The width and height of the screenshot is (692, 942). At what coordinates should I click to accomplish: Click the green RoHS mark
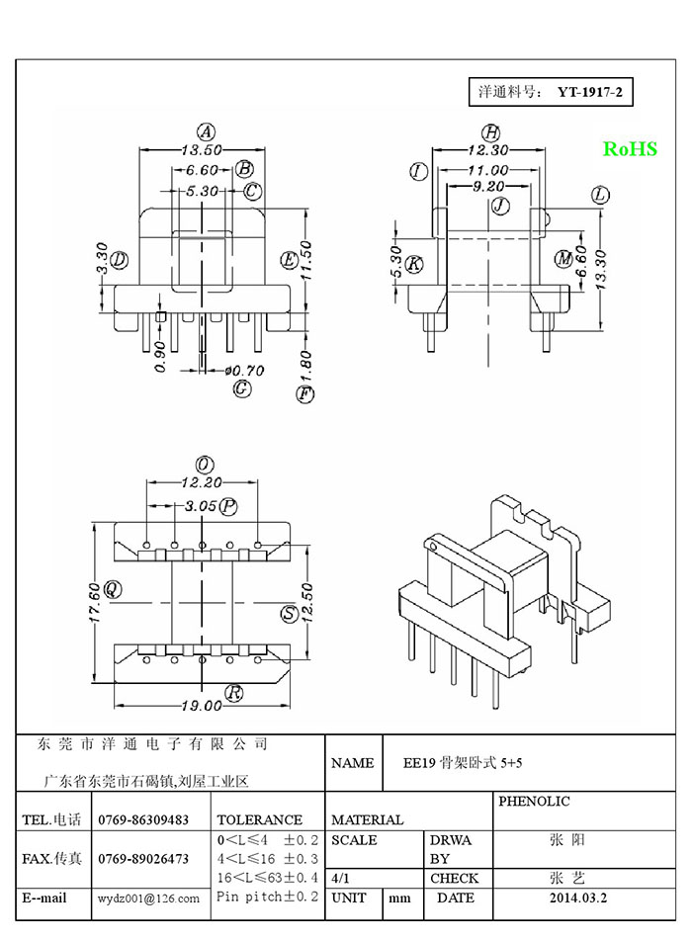tap(630, 148)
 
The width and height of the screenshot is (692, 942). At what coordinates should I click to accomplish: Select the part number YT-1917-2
tap(590, 92)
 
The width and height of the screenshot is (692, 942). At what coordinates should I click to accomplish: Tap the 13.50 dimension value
tap(202, 149)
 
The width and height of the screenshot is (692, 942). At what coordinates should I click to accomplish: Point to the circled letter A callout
tap(206, 131)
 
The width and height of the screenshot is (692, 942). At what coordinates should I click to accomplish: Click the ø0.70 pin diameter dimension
tap(244, 371)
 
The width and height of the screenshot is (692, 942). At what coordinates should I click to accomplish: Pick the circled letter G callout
tap(241, 388)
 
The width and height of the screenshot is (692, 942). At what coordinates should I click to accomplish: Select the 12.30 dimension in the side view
tap(488, 149)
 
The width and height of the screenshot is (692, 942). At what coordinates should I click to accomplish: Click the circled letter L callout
tap(600, 195)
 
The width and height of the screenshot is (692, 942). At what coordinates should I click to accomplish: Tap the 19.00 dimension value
tap(202, 706)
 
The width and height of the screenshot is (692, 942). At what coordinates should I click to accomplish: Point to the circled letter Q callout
tap(113, 589)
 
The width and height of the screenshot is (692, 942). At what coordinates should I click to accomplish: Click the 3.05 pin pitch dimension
tap(201, 506)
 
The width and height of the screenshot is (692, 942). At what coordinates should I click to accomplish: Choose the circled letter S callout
tap(290, 614)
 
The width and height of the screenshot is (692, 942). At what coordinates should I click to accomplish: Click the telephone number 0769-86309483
tap(143, 819)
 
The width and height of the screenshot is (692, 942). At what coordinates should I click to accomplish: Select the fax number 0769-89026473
tap(143, 859)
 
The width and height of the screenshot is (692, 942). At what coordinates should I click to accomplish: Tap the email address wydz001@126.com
tap(148, 899)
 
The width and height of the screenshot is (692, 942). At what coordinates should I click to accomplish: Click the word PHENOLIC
tap(534, 801)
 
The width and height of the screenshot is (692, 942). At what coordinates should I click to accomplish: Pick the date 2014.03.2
tap(578, 898)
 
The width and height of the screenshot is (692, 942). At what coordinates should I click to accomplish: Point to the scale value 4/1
tap(341, 878)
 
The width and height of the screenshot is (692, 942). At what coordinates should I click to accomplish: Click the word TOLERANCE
tap(259, 819)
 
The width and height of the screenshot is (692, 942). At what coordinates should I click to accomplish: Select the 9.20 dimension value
tap(488, 186)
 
